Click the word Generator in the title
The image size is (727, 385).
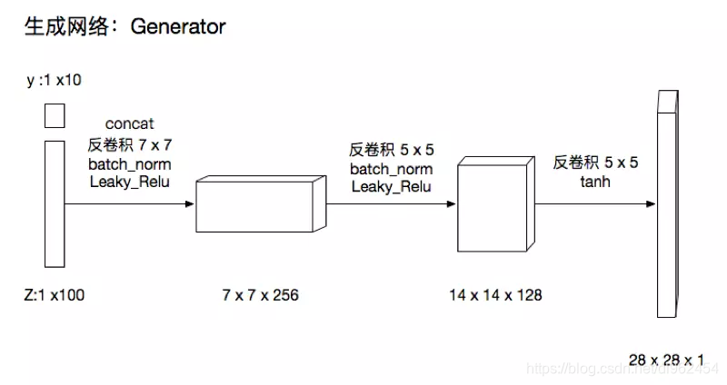178,27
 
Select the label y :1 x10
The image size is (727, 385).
55,81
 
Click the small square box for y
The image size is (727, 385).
55,115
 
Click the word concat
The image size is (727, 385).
130,123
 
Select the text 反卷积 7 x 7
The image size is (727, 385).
130,144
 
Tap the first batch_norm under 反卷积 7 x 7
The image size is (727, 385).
130,164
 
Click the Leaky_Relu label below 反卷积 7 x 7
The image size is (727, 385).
130,183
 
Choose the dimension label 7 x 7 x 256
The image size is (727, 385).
260,295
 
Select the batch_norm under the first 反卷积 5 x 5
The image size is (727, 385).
392,169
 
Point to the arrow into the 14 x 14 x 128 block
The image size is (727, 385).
392,204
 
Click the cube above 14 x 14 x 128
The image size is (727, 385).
493,204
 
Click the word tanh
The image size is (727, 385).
596,182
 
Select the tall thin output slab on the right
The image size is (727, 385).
667,203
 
